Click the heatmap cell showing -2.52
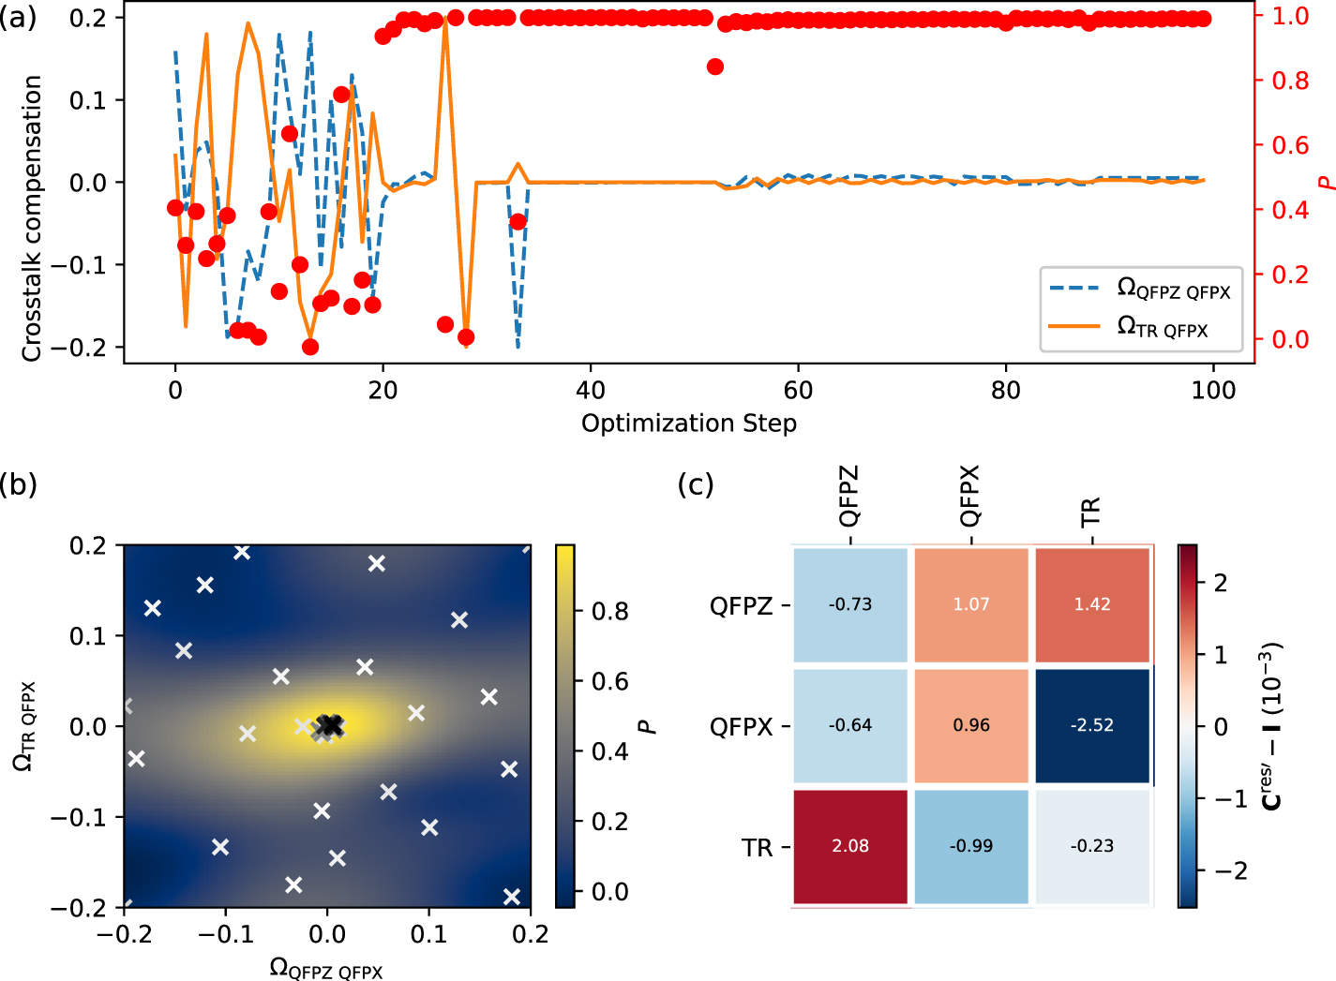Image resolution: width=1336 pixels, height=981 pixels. click(1092, 725)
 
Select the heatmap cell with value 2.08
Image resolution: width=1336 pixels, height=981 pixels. click(850, 846)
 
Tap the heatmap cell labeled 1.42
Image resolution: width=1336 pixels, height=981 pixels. click(1092, 604)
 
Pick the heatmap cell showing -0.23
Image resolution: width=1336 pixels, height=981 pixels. click(1092, 846)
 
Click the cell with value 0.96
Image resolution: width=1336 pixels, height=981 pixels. click(971, 725)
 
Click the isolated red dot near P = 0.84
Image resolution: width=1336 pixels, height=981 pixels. click(715, 67)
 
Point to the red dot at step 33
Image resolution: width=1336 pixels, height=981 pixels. click(518, 222)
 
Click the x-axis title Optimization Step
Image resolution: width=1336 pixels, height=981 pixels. click(689, 424)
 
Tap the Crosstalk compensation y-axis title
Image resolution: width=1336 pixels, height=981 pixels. click(32, 218)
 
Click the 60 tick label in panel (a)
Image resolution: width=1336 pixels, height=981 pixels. click(798, 390)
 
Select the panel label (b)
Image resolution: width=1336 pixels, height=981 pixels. click(19, 484)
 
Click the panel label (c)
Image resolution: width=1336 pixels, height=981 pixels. click(696, 484)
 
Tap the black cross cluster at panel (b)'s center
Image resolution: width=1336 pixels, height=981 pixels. click(328, 725)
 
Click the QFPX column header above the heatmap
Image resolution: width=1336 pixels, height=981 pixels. click(969, 496)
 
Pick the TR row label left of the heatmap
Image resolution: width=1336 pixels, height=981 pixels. click(758, 848)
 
